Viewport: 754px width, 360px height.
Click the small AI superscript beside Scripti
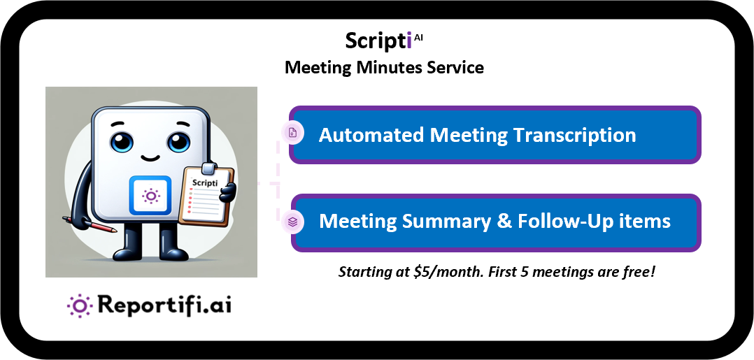(418, 38)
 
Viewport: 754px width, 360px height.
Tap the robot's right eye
(178, 142)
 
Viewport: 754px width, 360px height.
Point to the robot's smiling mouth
(149, 158)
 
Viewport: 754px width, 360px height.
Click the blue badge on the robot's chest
(150, 195)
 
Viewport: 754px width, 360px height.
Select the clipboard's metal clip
(208, 168)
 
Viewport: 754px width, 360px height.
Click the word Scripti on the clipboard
(205, 183)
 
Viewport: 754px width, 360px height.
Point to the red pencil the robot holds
(90, 224)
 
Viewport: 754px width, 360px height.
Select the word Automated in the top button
(371, 135)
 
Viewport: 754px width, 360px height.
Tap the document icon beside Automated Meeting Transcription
(293, 133)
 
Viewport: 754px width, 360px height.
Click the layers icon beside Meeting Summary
(293, 222)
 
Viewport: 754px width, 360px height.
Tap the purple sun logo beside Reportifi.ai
(79, 305)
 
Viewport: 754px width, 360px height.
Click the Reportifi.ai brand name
(164, 305)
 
